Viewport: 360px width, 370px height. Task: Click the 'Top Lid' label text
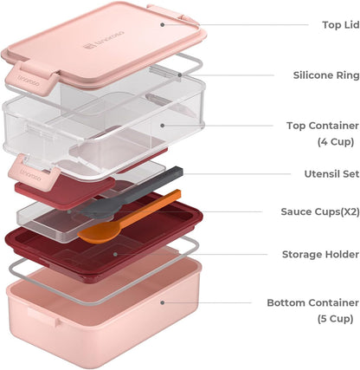(x=341, y=25)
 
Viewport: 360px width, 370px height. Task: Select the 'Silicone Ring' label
(x=326, y=75)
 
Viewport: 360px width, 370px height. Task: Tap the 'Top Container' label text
(x=323, y=126)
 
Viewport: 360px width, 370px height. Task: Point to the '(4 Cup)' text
(x=336, y=142)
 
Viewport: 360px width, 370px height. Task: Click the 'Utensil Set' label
(x=331, y=174)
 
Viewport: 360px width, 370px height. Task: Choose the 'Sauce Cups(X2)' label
(x=320, y=211)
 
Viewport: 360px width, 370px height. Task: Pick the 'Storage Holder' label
(x=320, y=255)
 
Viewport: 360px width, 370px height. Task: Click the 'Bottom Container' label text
(x=313, y=302)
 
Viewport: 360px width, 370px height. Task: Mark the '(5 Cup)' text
(x=336, y=319)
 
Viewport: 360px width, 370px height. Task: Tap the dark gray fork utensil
(x=130, y=193)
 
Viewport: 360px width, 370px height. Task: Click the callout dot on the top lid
(x=163, y=25)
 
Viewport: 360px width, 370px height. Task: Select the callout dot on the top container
(x=163, y=126)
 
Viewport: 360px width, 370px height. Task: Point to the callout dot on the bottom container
(x=163, y=302)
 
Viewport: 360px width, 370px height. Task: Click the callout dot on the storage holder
(x=115, y=254)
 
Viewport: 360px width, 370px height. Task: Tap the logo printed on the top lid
(x=104, y=40)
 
